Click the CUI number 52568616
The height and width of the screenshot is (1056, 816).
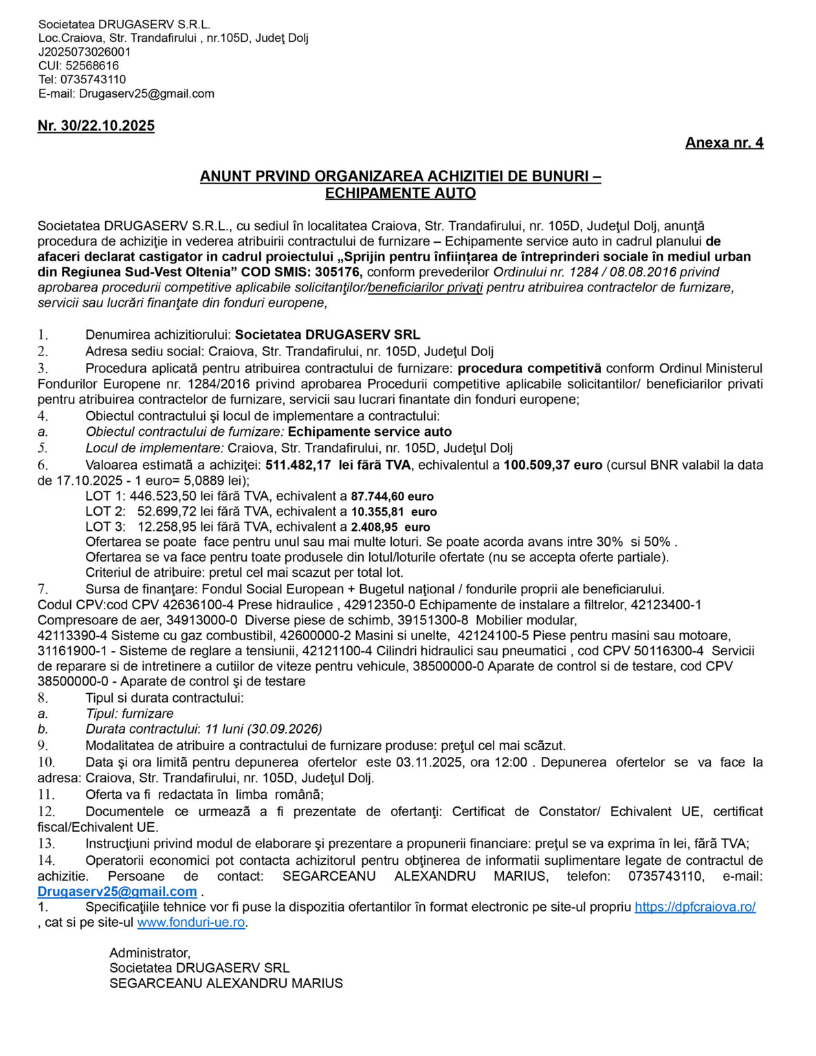click(x=92, y=66)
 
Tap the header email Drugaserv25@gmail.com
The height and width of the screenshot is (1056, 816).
click(x=146, y=93)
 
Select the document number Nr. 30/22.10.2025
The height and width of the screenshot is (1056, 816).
click(x=96, y=126)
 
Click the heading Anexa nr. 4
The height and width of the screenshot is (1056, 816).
click(x=724, y=143)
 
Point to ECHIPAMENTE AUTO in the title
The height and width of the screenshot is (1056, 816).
click(x=400, y=193)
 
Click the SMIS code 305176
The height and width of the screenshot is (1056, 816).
click(x=338, y=272)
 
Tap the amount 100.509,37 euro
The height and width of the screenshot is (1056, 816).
click(x=553, y=465)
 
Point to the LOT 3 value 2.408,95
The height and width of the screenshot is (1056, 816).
click(x=374, y=527)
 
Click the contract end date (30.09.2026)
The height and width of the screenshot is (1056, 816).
click(x=285, y=729)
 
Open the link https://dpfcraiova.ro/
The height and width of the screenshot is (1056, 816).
click(x=695, y=907)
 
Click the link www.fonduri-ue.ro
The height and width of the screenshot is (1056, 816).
click(x=191, y=923)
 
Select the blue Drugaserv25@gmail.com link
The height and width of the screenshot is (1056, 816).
click(x=117, y=892)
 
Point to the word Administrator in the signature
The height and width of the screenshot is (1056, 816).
click(x=149, y=953)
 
